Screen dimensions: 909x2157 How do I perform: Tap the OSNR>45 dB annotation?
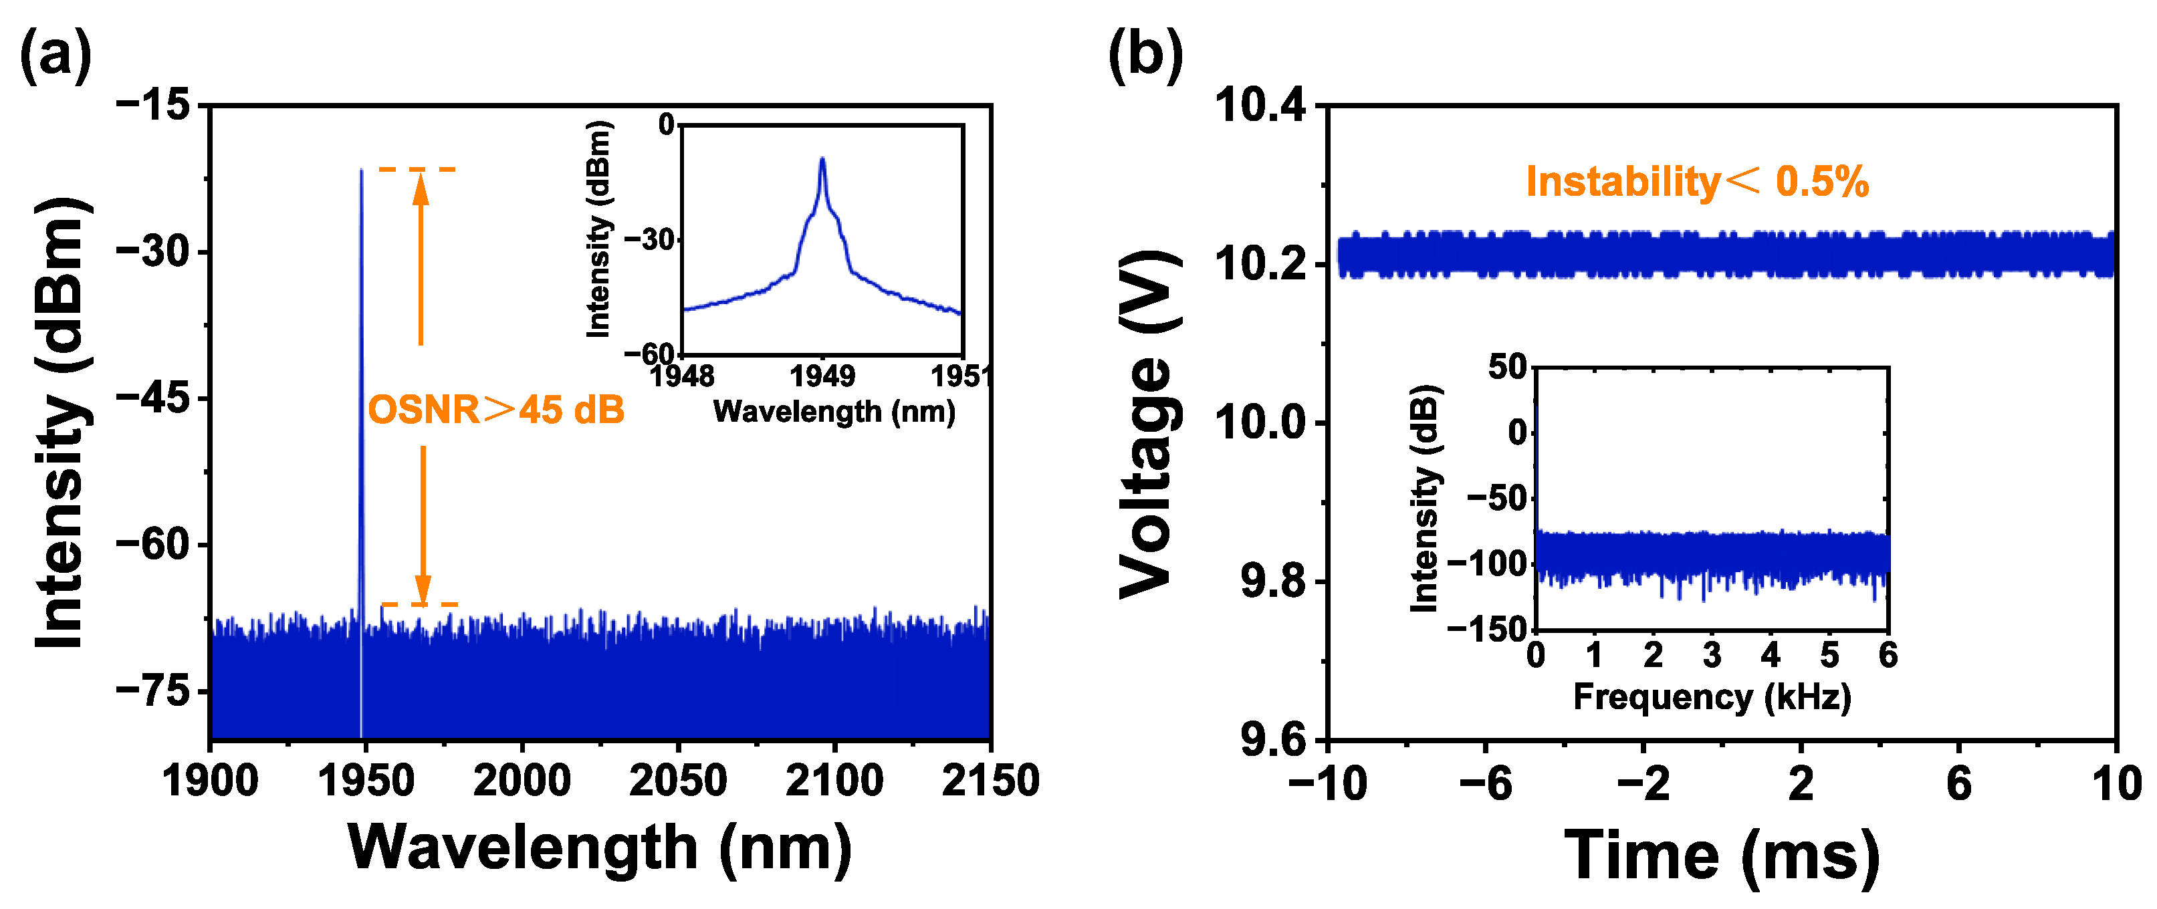[x=495, y=410]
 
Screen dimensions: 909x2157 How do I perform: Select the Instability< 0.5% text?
[x=1696, y=182]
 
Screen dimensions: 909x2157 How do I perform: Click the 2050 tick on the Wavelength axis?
[x=677, y=781]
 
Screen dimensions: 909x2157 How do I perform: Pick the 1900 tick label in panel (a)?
[x=209, y=781]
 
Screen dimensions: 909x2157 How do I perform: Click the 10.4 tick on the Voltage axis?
[x=1260, y=107]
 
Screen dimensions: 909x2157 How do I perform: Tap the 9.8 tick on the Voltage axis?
[x=1273, y=581]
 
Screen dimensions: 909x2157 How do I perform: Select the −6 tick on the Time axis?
[x=1486, y=784]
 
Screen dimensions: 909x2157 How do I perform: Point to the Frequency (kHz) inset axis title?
[x=1712, y=696]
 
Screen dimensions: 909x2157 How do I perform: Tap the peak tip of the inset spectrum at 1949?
[x=822, y=159]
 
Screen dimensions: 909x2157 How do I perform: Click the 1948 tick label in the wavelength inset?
[x=683, y=377]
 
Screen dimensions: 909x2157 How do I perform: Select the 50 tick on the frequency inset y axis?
[x=1508, y=367]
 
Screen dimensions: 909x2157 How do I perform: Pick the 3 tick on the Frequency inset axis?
[x=1712, y=654]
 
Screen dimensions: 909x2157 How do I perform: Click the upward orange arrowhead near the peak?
[x=421, y=186]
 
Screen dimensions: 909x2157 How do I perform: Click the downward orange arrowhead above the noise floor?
[x=423, y=588]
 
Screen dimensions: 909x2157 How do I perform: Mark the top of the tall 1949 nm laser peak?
[x=361, y=170]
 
